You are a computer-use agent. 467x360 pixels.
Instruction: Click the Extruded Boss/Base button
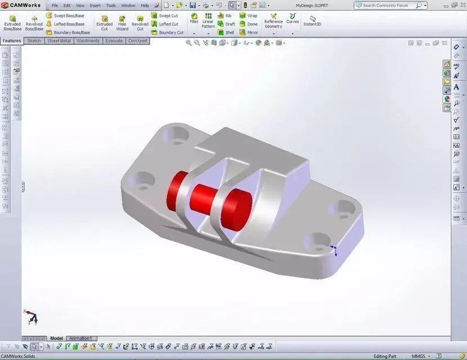pyautogui.click(x=12, y=22)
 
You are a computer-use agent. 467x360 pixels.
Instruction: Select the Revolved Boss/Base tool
pyautogui.click(x=34, y=22)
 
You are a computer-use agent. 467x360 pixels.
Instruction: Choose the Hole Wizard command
pyautogui.click(x=122, y=22)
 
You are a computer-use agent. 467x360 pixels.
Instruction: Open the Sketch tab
pyautogui.click(x=34, y=41)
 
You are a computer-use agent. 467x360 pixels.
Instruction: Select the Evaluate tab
pyautogui.click(x=114, y=41)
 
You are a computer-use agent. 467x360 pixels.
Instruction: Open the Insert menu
pyautogui.click(x=95, y=6)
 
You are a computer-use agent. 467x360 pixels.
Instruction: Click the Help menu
pyautogui.click(x=145, y=6)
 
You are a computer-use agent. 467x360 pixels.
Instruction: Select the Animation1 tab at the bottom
pyautogui.click(x=82, y=338)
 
